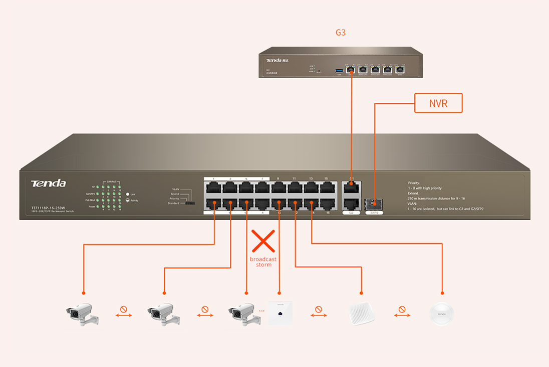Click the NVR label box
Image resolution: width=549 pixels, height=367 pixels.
[x=438, y=103]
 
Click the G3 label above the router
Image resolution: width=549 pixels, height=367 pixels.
[x=341, y=33]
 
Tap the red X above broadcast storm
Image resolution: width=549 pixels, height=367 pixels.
[x=263, y=241]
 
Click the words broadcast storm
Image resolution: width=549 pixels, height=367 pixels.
[x=263, y=262]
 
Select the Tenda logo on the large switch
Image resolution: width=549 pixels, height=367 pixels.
[x=48, y=183]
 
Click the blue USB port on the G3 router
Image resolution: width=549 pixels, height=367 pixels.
[x=338, y=70]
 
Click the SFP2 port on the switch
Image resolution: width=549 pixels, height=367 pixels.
[x=374, y=204]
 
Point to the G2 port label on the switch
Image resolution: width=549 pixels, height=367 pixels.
[x=351, y=213]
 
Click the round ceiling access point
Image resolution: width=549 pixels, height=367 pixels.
[x=442, y=314]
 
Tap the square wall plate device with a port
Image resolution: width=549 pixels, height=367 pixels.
[x=280, y=313]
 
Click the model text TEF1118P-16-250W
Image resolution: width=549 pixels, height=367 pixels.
[x=48, y=207]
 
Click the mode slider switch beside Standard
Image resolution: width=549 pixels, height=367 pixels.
[x=190, y=204]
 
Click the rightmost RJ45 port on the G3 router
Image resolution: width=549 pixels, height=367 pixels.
[x=399, y=70]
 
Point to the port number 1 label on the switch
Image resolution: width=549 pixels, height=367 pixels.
[x=213, y=178]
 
